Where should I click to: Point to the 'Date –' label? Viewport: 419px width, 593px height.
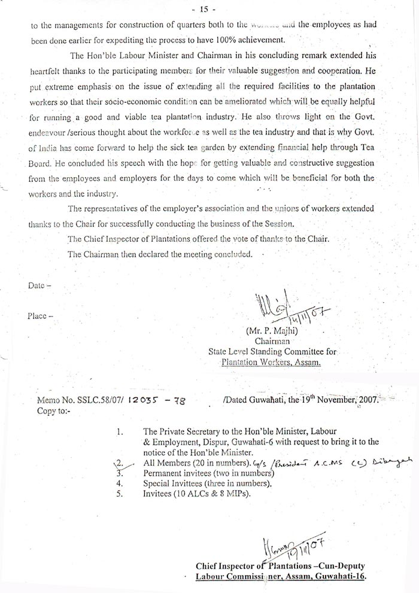click(40, 285)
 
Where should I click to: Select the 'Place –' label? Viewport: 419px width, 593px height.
click(41, 315)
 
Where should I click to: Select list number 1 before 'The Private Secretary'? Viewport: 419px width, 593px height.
click(120, 431)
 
